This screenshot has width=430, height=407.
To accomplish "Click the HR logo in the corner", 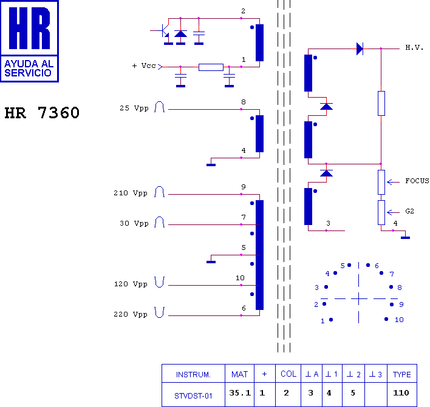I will pyautogui.click(x=30, y=41).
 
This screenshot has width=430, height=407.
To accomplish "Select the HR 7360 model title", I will pyautogui.click(x=42, y=113).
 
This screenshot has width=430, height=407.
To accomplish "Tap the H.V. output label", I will pyautogui.click(x=414, y=48).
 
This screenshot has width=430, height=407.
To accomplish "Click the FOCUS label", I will pyautogui.click(x=417, y=181).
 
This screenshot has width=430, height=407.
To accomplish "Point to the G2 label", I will pyautogui.click(x=410, y=211).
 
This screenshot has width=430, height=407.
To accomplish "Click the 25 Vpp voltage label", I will pyautogui.click(x=134, y=109).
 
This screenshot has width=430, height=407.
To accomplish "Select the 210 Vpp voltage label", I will pyautogui.click(x=131, y=193).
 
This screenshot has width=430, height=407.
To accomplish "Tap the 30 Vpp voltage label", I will pyautogui.click(x=134, y=223).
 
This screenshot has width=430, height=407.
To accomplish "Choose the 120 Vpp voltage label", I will pyautogui.click(x=131, y=283).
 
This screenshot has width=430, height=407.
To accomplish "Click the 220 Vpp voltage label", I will pyautogui.click(x=131, y=314).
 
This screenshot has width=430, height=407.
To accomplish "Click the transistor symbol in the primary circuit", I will pyautogui.click(x=164, y=32).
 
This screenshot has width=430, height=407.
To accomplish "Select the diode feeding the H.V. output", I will pyautogui.click(x=360, y=49).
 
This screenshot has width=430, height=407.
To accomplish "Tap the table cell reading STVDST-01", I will pyautogui.click(x=193, y=396).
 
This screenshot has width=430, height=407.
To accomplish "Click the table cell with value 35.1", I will pyautogui.click(x=239, y=393).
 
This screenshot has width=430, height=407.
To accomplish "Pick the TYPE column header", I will pyautogui.click(x=401, y=374).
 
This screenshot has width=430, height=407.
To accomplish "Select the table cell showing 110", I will pyautogui.click(x=401, y=393).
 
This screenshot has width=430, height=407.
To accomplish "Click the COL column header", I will pyautogui.click(x=288, y=374).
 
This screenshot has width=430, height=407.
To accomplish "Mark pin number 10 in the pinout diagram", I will pyautogui.click(x=398, y=320).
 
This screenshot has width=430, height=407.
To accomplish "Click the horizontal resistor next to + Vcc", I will pyautogui.click(x=210, y=67).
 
